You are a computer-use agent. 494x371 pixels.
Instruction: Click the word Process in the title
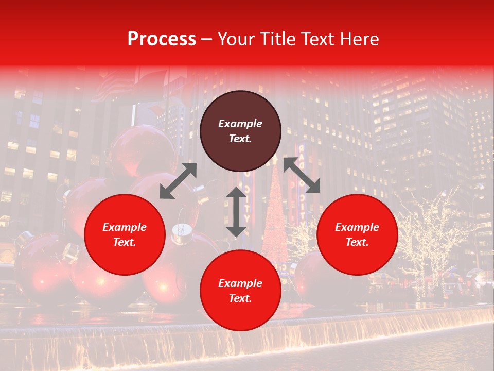tap(162, 39)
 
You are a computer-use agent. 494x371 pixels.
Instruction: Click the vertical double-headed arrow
tap(236, 212)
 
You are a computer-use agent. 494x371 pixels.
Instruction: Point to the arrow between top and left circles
tap(178, 181)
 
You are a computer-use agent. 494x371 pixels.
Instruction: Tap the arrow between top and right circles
tap(302, 175)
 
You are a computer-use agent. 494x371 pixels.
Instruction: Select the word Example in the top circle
tap(240, 124)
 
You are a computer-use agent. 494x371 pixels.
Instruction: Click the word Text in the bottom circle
tap(240, 298)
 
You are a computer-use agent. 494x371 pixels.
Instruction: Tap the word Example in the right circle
tap(357, 227)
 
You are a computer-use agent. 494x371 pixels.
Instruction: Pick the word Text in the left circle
tap(125, 242)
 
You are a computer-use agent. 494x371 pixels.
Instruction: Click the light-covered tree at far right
tap(432, 237)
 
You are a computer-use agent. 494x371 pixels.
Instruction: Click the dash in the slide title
tap(207, 40)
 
